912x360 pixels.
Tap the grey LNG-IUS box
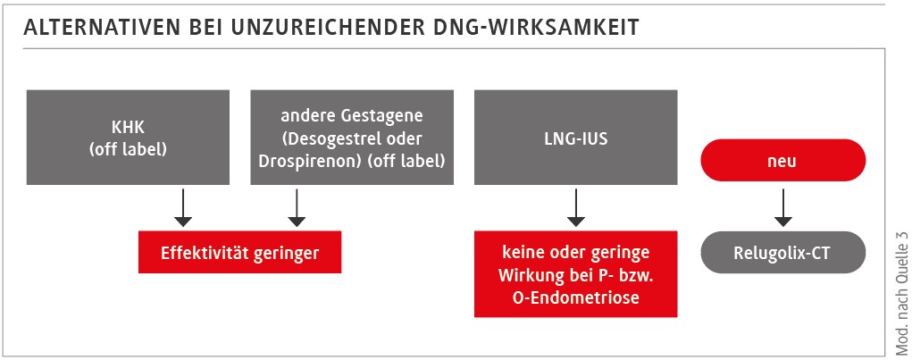click(x=575, y=138)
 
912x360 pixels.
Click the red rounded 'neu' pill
click(x=782, y=162)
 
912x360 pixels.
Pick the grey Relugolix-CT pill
click(x=782, y=253)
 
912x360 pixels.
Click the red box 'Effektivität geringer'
click(x=239, y=253)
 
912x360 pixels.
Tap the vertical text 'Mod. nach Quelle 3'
click(x=899, y=286)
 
